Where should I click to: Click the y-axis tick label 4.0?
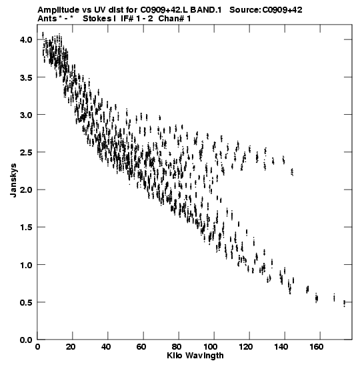(26, 39)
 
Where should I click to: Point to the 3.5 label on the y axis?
(26, 77)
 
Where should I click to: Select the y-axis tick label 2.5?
(26, 152)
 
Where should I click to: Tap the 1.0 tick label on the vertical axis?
(26, 265)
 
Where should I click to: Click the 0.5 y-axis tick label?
(26, 302)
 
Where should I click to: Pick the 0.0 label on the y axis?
(26, 340)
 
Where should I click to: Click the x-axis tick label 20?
(70, 347)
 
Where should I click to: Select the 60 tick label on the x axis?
(141, 347)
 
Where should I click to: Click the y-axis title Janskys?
(13, 180)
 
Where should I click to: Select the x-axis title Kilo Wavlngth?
(195, 356)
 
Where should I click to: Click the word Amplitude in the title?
(59, 10)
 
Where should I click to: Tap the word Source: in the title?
(245, 10)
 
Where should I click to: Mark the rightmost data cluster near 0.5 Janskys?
(344, 304)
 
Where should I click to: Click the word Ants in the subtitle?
(47, 19)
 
